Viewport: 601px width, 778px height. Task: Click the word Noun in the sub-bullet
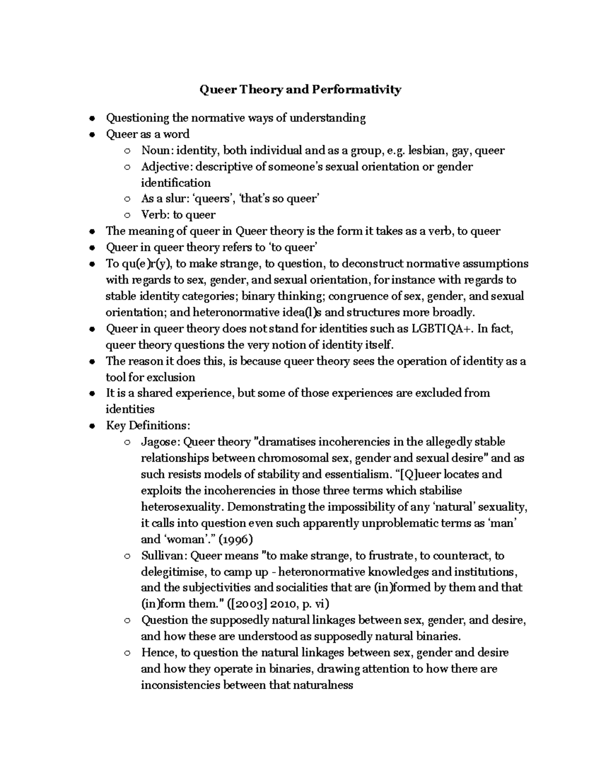coord(155,150)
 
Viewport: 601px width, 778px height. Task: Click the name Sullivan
coord(164,556)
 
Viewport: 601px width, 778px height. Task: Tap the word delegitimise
coord(173,572)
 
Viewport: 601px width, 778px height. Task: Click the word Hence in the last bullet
coord(158,653)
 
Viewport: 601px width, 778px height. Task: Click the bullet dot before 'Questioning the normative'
coord(91,119)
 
